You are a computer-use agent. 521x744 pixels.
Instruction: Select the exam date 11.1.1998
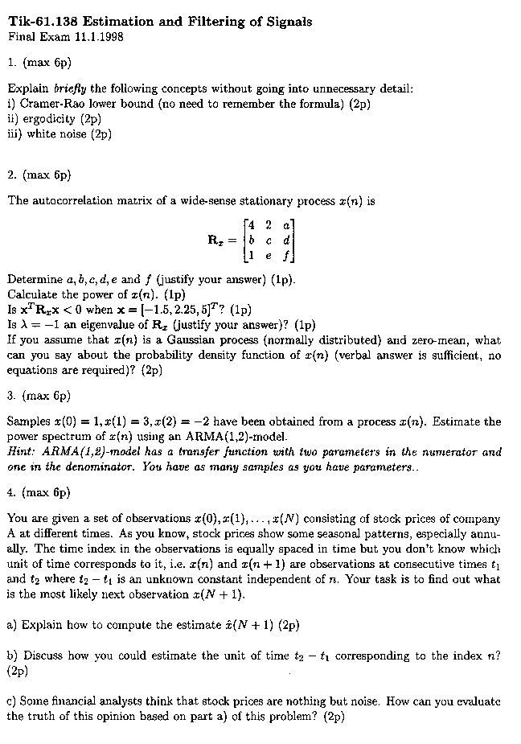[97, 36]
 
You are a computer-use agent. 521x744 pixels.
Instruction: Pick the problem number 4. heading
[11, 491]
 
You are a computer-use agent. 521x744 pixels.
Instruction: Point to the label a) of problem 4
[12, 624]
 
